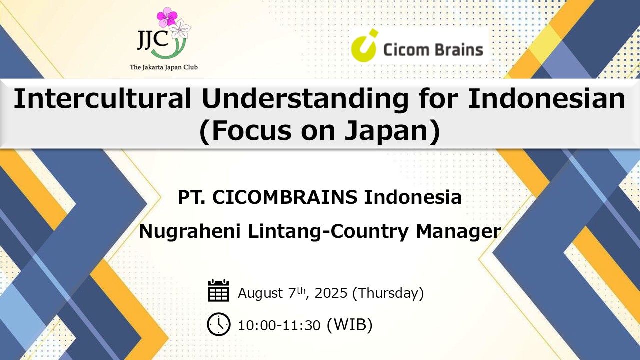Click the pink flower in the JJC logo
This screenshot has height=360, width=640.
click(167, 17)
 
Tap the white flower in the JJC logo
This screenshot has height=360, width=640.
click(180, 30)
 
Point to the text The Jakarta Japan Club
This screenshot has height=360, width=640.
click(163, 67)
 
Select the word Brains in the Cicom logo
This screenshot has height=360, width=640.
click(458, 49)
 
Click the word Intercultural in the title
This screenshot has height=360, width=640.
click(102, 98)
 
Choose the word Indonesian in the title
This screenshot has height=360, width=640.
click(547, 98)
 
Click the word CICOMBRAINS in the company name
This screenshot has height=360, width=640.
click(285, 197)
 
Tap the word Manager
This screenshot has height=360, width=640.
click(459, 232)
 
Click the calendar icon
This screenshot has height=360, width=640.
click(219, 290)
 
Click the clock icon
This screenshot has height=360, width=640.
click(219, 324)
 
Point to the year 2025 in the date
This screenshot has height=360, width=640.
click(331, 293)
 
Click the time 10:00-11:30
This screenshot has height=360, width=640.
click(279, 326)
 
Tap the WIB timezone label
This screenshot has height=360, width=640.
click(350, 325)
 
